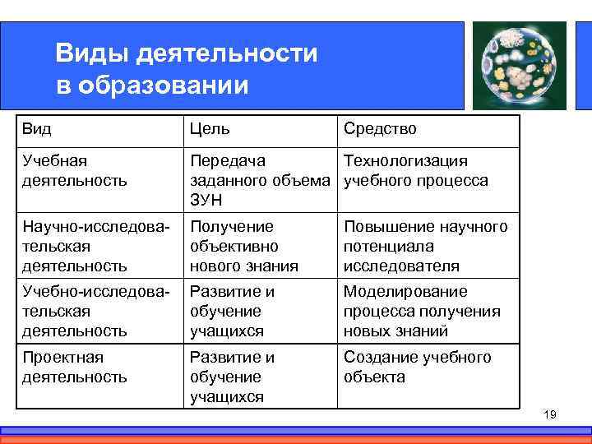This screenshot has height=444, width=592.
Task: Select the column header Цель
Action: point(210,129)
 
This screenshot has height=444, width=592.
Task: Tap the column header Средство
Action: point(380,129)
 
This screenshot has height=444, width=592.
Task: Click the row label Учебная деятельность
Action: point(75,170)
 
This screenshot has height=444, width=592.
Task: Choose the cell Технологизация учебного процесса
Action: point(415,170)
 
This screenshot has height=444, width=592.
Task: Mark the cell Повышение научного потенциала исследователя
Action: point(425,246)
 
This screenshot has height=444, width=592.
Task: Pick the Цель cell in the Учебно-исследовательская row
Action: point(232,312)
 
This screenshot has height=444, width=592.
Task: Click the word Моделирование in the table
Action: point(405,292)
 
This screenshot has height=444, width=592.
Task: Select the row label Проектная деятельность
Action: point(75,368)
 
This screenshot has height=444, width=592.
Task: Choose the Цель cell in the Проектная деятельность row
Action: point(232,377)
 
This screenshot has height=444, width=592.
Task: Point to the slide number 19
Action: point(550,414)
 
